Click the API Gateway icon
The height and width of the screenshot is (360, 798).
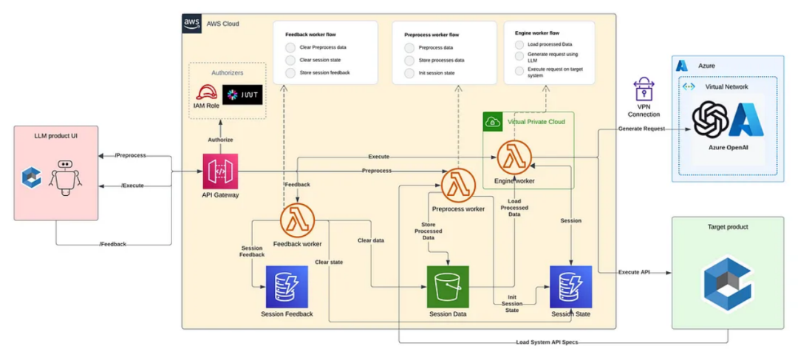219,171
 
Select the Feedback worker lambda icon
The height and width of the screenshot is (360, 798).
298,220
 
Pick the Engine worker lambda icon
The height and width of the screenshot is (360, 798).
514,157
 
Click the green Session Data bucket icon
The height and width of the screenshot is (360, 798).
449,287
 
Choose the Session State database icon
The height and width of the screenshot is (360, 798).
570,287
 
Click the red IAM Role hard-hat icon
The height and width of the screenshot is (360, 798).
205,93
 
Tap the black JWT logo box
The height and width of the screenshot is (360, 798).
242,95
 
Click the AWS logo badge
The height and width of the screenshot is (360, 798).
192,24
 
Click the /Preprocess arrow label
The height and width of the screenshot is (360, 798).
131,155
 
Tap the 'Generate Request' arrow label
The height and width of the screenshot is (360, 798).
642,129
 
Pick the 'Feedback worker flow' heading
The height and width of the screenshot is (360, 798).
312,34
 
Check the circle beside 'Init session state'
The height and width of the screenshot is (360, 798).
409,73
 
